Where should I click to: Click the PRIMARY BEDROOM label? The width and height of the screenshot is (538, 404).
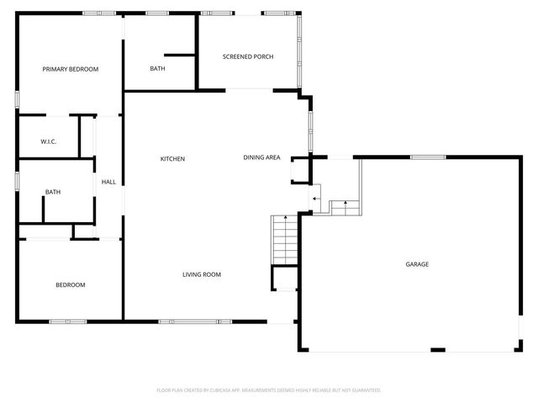click(71, 69)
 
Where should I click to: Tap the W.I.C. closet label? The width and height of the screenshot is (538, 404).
click(48, 141)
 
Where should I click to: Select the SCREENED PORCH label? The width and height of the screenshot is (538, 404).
click(248, 56)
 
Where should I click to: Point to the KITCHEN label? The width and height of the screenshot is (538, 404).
click(173, 159)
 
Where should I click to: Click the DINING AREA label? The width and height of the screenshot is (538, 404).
click(261, 157)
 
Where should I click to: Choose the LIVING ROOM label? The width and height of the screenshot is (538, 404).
click(202, 274)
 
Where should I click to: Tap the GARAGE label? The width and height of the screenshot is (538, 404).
click(418, 264)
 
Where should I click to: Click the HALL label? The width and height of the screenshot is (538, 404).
click(108, 182)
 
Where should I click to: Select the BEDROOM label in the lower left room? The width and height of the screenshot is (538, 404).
click(71, 284)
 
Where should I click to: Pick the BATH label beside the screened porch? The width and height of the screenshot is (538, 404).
click(157, 68)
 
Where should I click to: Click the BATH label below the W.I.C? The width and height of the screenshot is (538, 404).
click(53, 192)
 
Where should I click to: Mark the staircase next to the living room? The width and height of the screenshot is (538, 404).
click(283, 240)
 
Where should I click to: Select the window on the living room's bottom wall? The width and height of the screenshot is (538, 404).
click(195, 321)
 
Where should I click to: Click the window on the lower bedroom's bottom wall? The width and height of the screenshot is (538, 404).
click(67, 321)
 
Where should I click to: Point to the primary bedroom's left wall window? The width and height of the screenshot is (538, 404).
click(17, 97)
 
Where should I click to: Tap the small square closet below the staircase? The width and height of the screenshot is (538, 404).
click(285, 279)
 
